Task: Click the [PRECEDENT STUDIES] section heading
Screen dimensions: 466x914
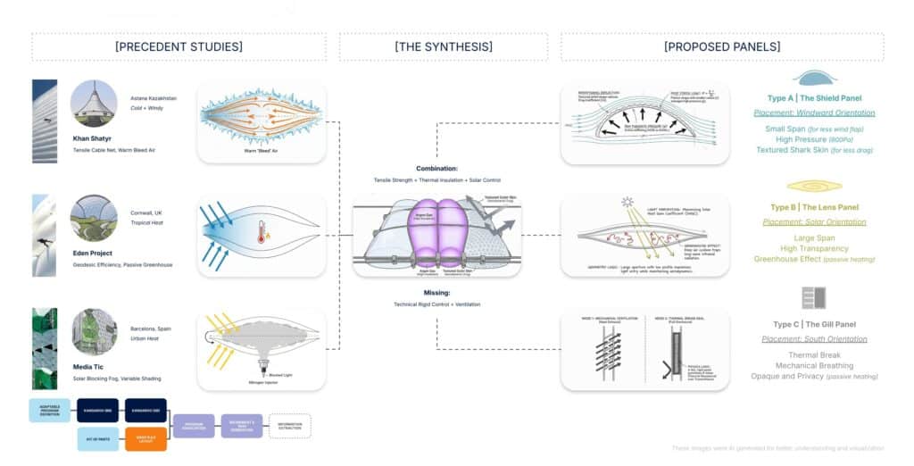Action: point(179,47)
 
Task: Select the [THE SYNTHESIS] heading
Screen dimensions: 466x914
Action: point(444,47)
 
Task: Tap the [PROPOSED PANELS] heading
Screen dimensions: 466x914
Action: point(721,47)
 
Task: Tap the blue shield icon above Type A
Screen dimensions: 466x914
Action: point(813,78)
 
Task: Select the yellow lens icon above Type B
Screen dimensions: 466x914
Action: point(813,186)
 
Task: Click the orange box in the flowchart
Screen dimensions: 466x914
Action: point(147,438)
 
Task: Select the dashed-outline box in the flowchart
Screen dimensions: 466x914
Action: point(289,425)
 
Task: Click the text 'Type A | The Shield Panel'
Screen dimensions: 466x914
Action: point(813,97)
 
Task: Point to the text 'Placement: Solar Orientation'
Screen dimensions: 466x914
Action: point(813,221)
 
